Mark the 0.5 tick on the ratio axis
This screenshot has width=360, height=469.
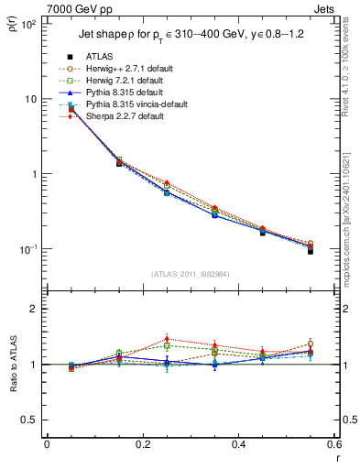click(33, 420)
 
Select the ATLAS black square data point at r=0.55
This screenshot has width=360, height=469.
click(311, 251)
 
